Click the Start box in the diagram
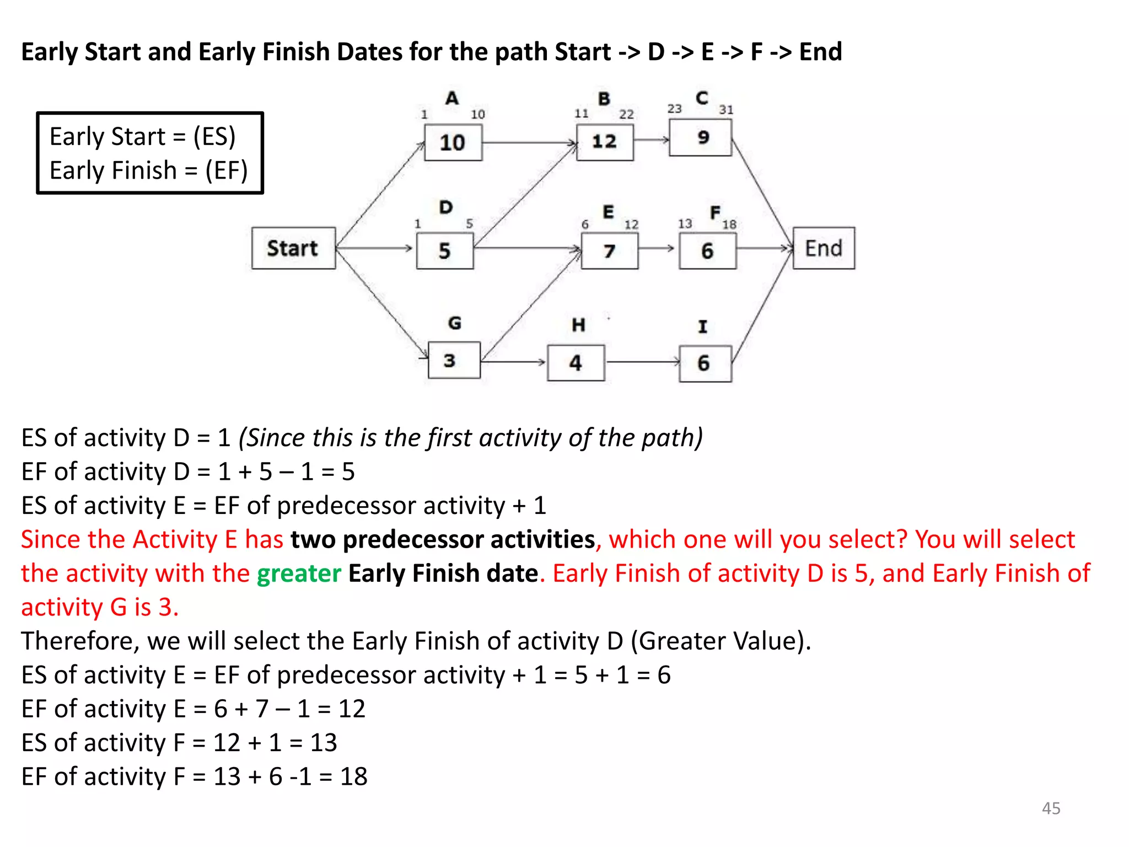[293, 248]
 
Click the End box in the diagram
[824, 248]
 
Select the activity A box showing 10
[453, 143]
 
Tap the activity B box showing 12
[604, 142]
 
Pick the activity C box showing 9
[700, 138]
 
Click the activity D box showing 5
[444, 251]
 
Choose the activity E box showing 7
[609, 251]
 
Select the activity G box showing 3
[454, 361]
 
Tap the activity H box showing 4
[576, 363]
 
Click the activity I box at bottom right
[705, 363]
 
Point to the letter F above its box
[715, 212]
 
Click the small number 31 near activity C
[726, 110]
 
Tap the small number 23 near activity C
[674, 109]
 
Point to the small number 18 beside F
[729, 224]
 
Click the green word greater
[299, 573]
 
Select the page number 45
[1051, 808]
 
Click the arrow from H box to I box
[642, 362]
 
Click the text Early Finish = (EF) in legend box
[148, 170]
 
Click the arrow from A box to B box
[529, 143]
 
